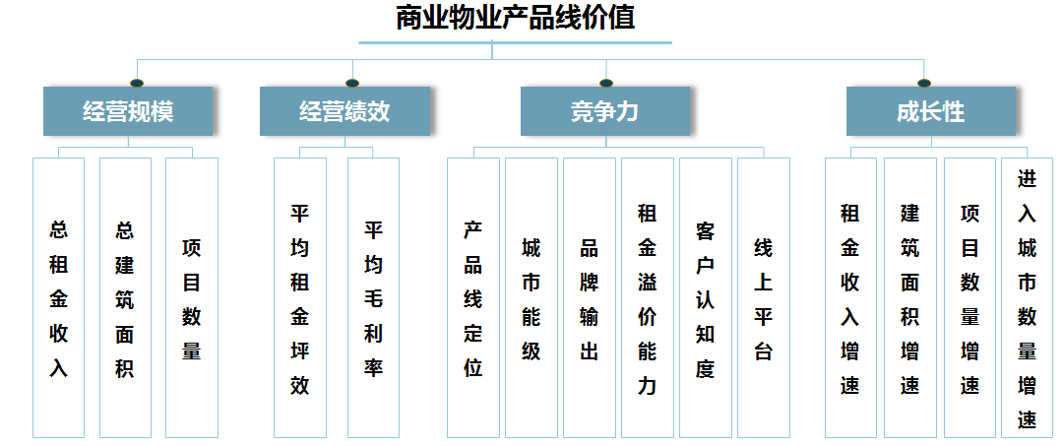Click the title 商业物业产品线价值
click(515, 19)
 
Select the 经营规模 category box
click(128, 111)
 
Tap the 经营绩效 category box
click(345, 111)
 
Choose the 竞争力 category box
click(605, 111)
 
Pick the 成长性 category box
click(931, 111)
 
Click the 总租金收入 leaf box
click(58, 297)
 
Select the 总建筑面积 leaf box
click(125, 297)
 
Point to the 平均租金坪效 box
click(299, 297)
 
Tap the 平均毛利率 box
click(374, 297)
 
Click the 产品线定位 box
click(473, 297)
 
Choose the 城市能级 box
click(531, 297)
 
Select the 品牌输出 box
click(590, 297)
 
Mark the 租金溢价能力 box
click(648, 297)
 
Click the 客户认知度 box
click(706, 297)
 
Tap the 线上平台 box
click(764, 297)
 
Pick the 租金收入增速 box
click(850, 297)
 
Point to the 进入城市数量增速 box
click(1027, 297)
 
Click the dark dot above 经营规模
click(137, 84)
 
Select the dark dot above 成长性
click(924, 84)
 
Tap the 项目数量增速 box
click(970, 297)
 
